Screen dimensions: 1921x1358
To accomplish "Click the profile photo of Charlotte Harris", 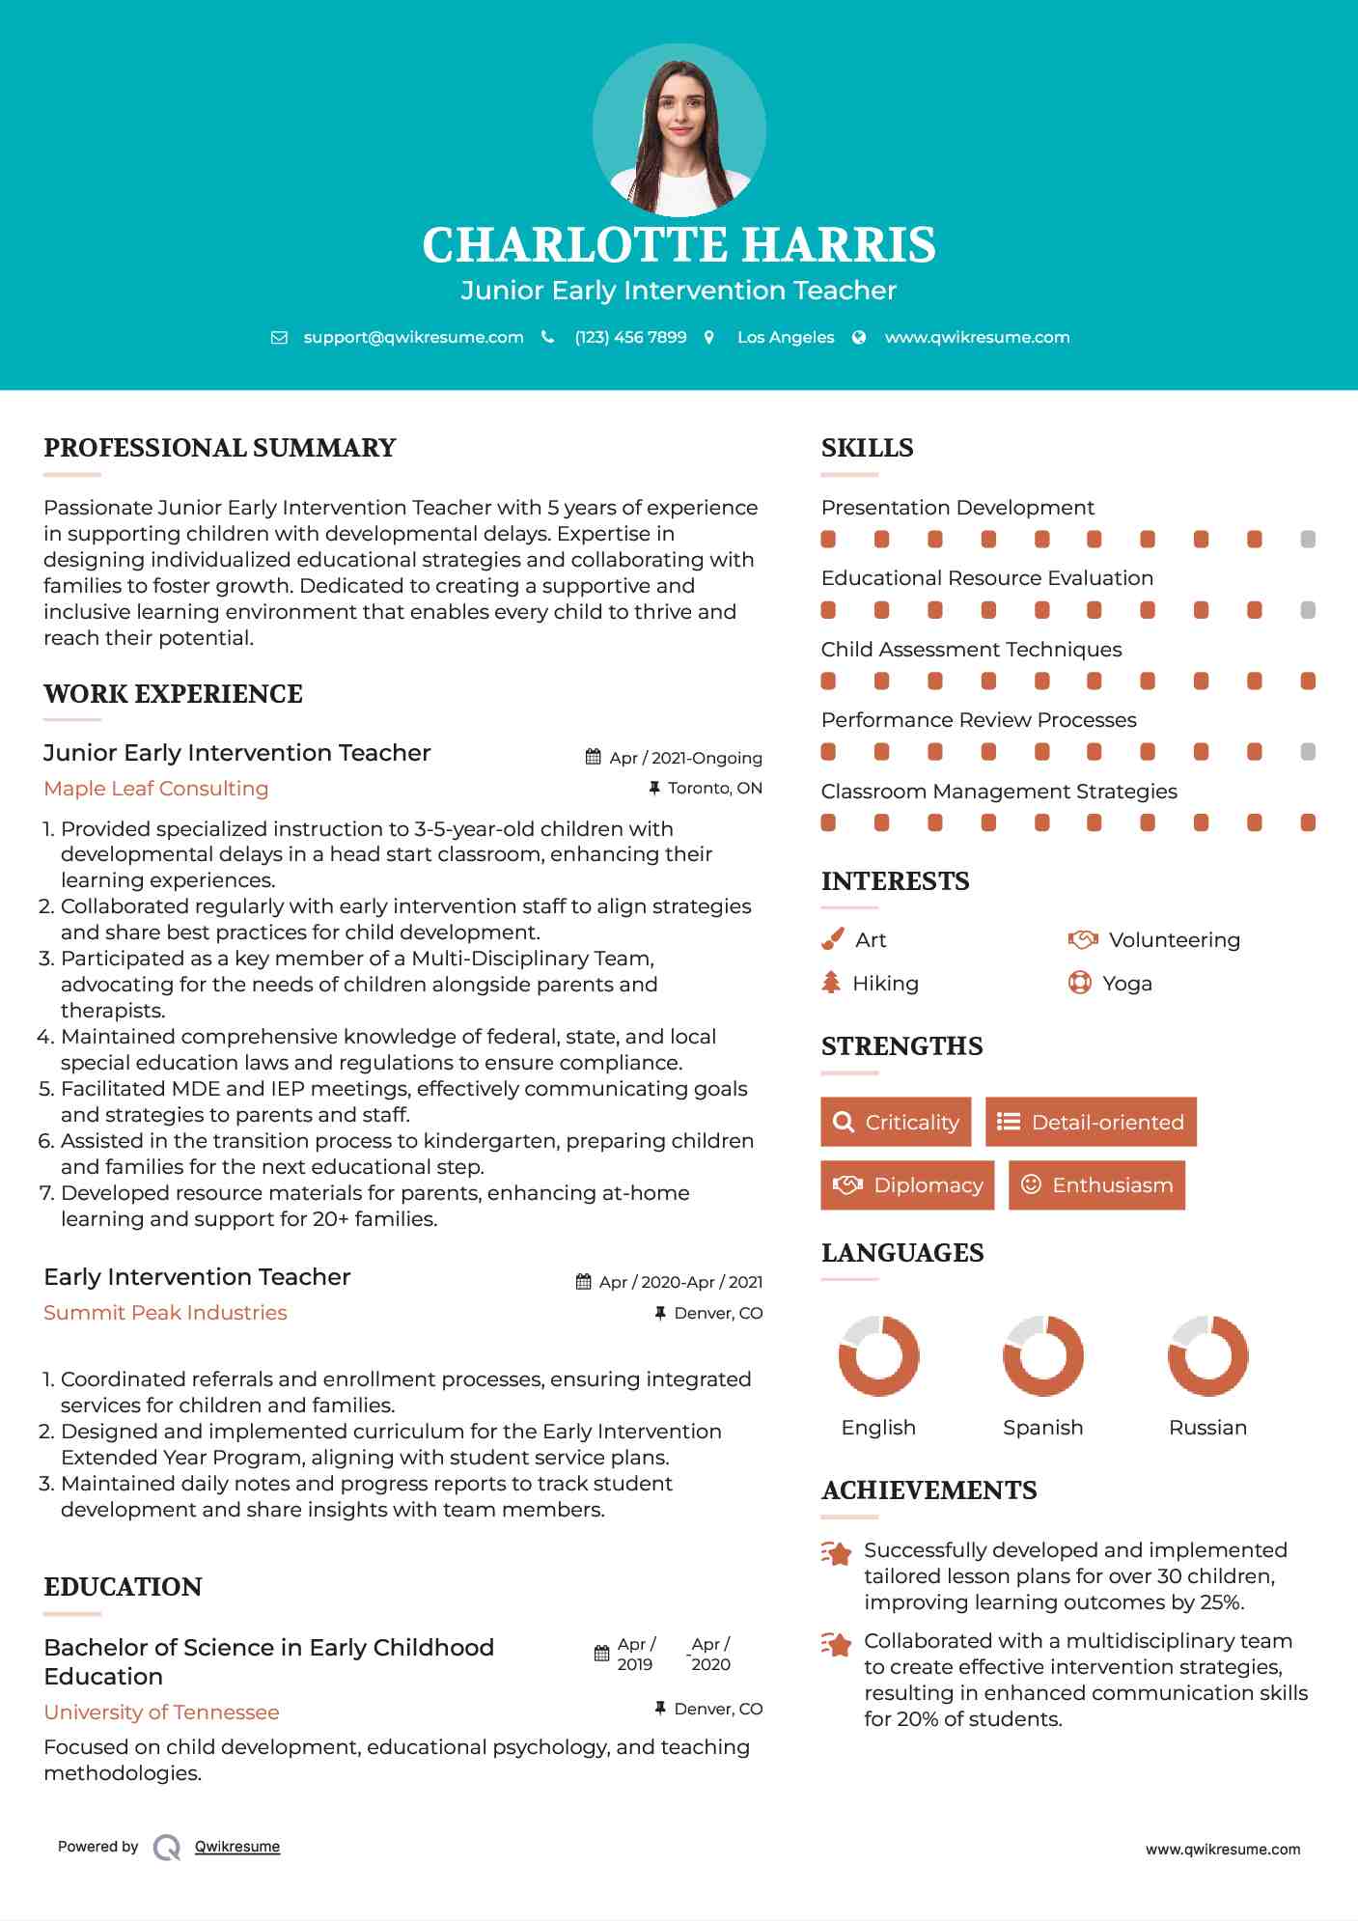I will (x=679, y=130).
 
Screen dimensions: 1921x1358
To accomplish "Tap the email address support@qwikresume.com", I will (x=413, y=338).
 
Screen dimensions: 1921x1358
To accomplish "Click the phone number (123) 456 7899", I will (x=630, y=338).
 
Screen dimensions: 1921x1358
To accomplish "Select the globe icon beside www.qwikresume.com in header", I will (x=859, y=338).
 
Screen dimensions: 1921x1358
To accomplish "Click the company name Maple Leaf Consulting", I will (x=156, y=789).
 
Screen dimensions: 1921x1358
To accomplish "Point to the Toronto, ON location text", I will (x=714, y=789).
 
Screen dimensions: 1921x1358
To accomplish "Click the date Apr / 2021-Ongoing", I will (x=685, y=759).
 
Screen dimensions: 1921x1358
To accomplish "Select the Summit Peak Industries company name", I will (x=165, y=1313).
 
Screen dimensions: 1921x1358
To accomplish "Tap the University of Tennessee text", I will (x=161, y=1712).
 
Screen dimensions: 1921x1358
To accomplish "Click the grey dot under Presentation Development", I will (x=1308, y=539).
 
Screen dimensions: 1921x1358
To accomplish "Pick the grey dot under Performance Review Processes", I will (x=1308, y=751).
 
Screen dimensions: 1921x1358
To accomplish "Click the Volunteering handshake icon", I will (x=1083, y=939).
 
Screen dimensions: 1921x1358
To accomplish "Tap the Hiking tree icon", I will (x=831, y=983).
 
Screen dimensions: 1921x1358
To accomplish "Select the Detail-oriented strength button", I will (x=1091, y=1122).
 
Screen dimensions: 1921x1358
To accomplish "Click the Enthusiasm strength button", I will (x=1096, y=1185).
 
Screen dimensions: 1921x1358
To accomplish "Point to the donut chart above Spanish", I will (x=1042, y=1355).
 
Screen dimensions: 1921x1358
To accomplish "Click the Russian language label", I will (x=1207, y=1428).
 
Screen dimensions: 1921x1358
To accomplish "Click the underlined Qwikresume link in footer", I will (x=237, y=1847).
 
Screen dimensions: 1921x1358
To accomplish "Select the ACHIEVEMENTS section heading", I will (x=928, y=1490).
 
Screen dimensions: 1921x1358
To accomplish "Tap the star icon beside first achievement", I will (x=837, y=1553).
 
